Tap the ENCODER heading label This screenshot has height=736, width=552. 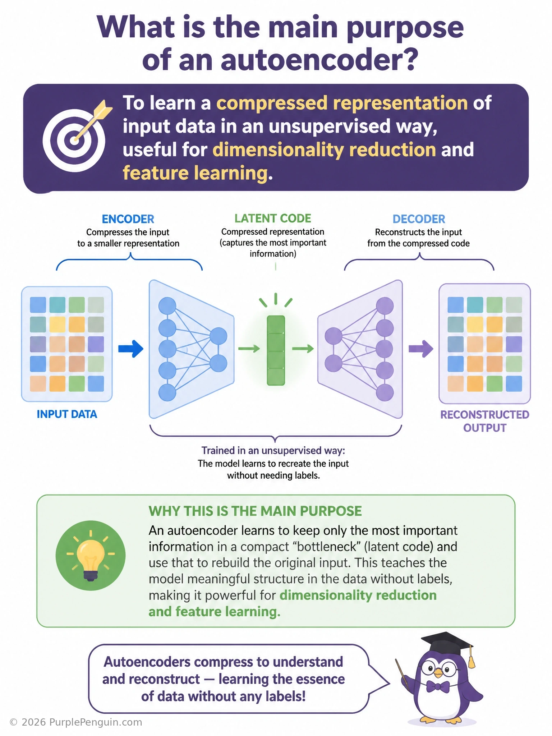pyautogui.click(x=128, y=219)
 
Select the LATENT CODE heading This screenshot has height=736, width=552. pyautogui.click(x=273, y=218)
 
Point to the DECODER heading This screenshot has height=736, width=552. pyautogui.click(x=419, y=219)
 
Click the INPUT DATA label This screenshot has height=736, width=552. pyautogui.click(x=67, y=414)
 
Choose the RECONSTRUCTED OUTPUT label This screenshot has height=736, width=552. pyautogui.click(x=485, y=421)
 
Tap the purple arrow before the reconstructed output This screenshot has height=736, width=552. pyautogui.click(x=421, y=348)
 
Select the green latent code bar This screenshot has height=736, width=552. pyautogui.click(x=276, y=350)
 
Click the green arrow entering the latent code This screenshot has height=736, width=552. pyautogui.click(x=249, y=348)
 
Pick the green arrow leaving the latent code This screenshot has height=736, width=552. pyautogui.click(x=303, y=348)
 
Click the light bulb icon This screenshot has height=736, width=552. pyautogui.click(x=91, y=555)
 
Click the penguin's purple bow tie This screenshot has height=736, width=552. pyautogui.click(x=438, y=687)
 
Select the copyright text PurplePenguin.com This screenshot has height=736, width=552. pyautogui.click(x=96, y=722)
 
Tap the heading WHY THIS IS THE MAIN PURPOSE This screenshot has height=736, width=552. pyautogui.click(x=255, y=511)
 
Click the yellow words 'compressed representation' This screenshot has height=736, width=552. pyautogui.click(x=342, y=103)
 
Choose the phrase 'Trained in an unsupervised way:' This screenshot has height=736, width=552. pyautogui.click(x=273, y=450)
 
